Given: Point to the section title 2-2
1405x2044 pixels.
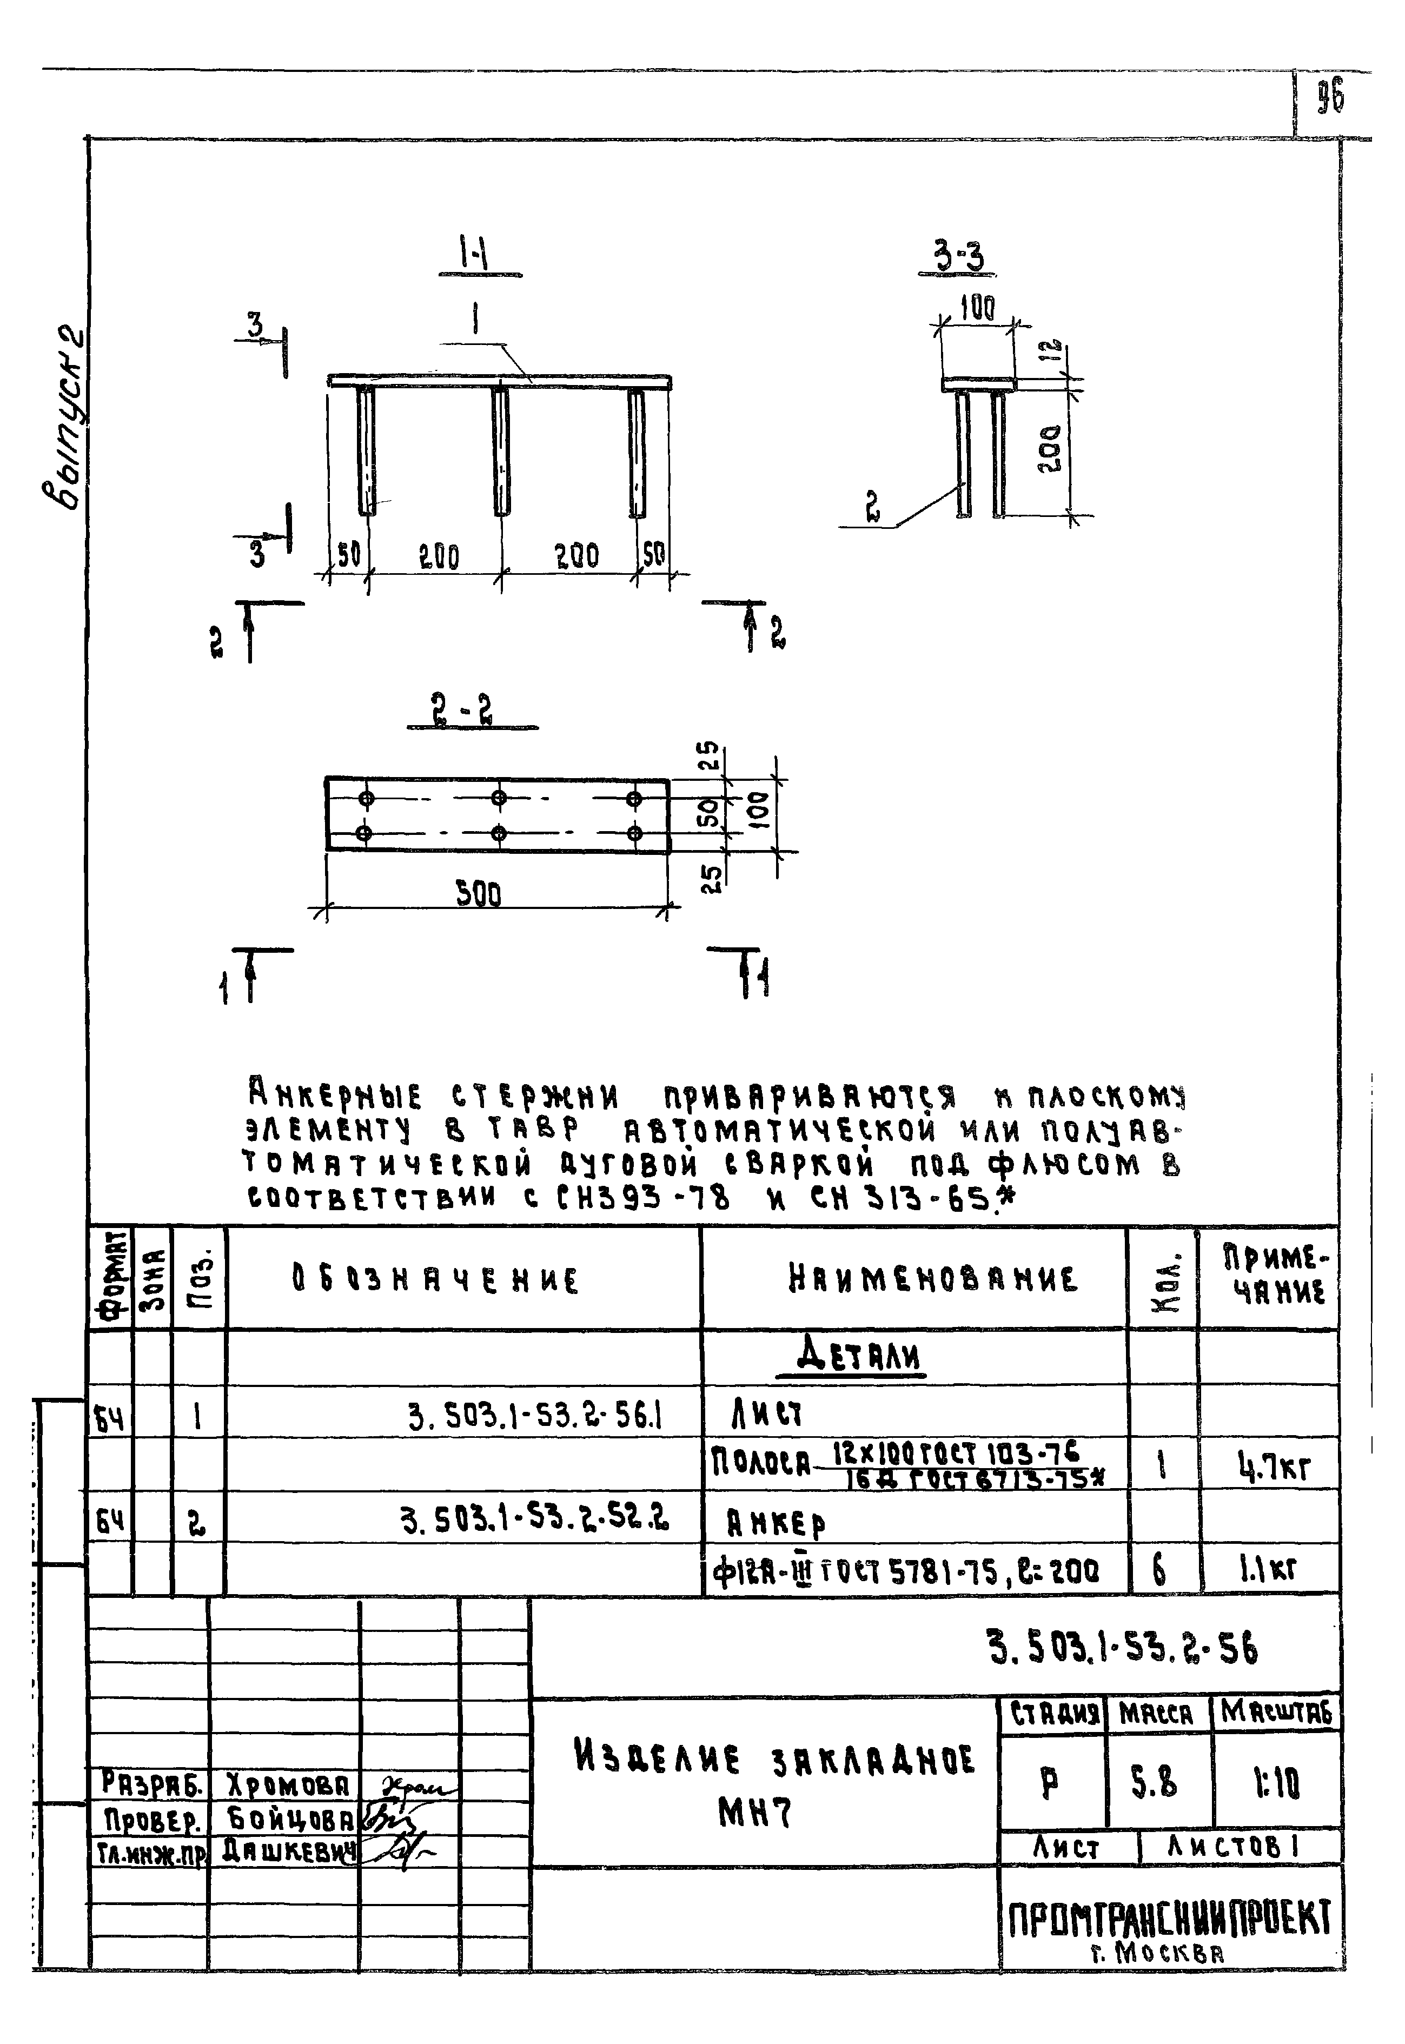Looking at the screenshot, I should tap(473, 709).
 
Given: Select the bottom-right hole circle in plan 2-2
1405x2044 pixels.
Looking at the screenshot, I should tap(634, 833).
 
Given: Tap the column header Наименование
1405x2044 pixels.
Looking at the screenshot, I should tap(932, 1279).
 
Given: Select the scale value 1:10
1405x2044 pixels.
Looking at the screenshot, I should tap(1276, 1783).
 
